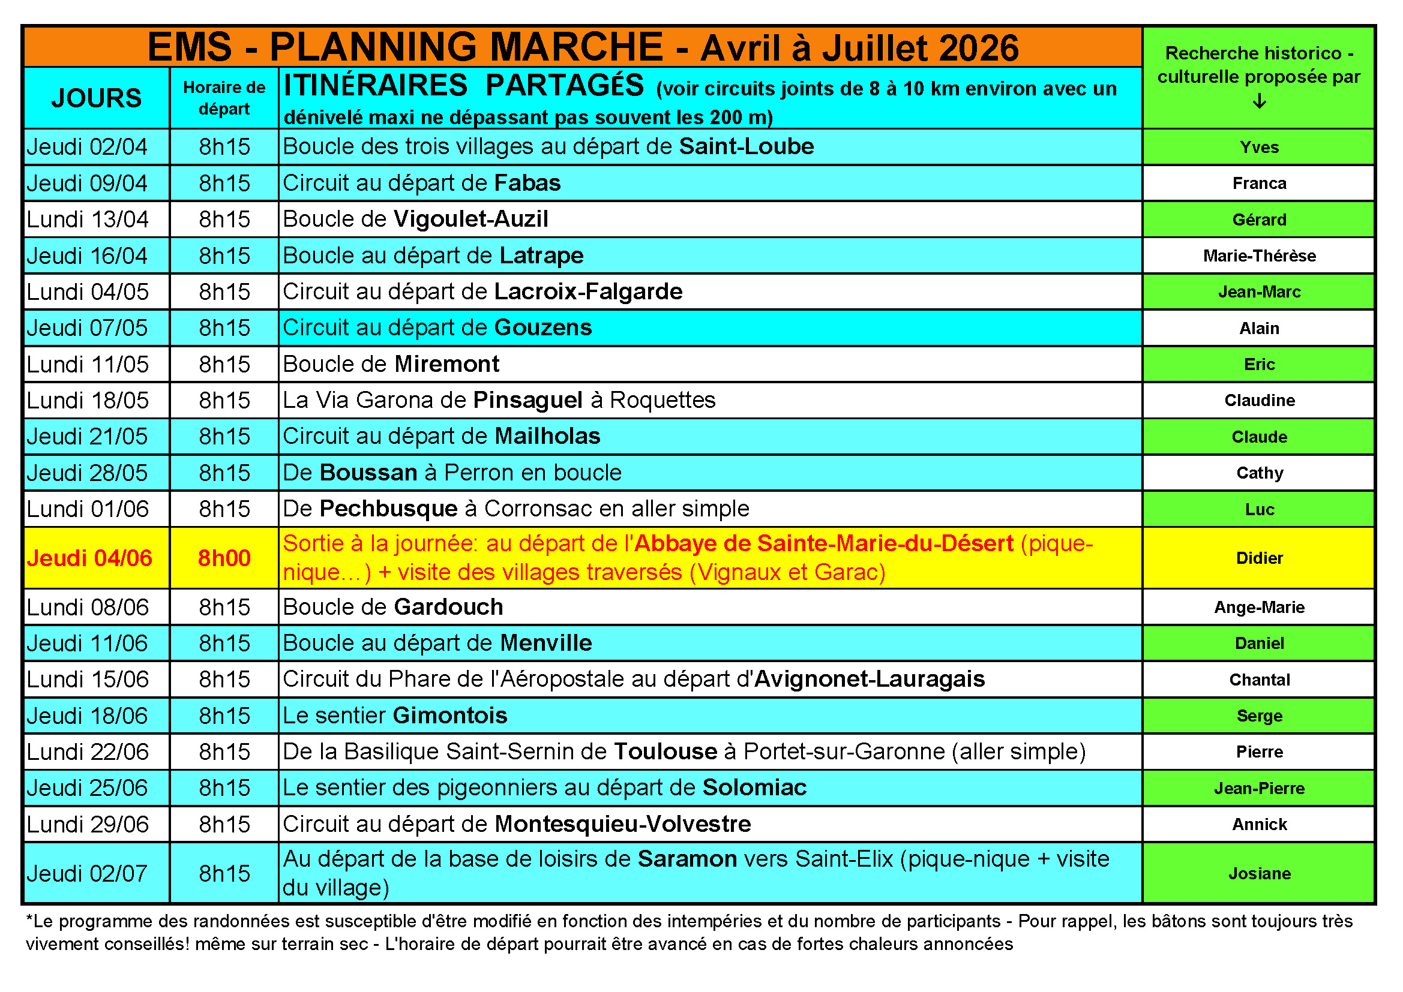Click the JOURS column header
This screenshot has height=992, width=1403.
click(x=97, y=98)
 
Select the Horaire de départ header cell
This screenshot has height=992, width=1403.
click(x=224, y=98)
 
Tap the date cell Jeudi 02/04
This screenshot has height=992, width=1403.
click(x=88, y=147)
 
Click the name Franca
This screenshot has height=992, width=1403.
click(x=1259, y=184)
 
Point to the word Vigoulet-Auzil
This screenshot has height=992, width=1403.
click(x=470, y=220)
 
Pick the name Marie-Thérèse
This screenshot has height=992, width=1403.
click(x=1259, y=256)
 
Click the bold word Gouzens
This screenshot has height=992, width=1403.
click(x=542, y=328)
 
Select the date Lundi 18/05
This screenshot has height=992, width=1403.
click(x=88, y=401)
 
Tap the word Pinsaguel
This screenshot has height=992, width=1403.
click(x=527, y=400)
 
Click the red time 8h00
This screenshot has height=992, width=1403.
click(x=224, y=558)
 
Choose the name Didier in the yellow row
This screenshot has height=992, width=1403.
click(x=1259, y=558)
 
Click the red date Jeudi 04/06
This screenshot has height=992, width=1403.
click(x=89, y=558)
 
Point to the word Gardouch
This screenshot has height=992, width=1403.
click(x=448, y=607)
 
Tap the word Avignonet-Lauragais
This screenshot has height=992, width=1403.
click(x=870, y=680)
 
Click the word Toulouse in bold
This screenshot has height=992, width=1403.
click(x=665, y=752)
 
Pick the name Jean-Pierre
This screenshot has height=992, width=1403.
click(x=1259, y=789)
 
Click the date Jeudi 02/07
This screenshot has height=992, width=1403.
click(x=88, y=873)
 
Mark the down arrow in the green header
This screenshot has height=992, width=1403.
click(x=1259, y=101)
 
